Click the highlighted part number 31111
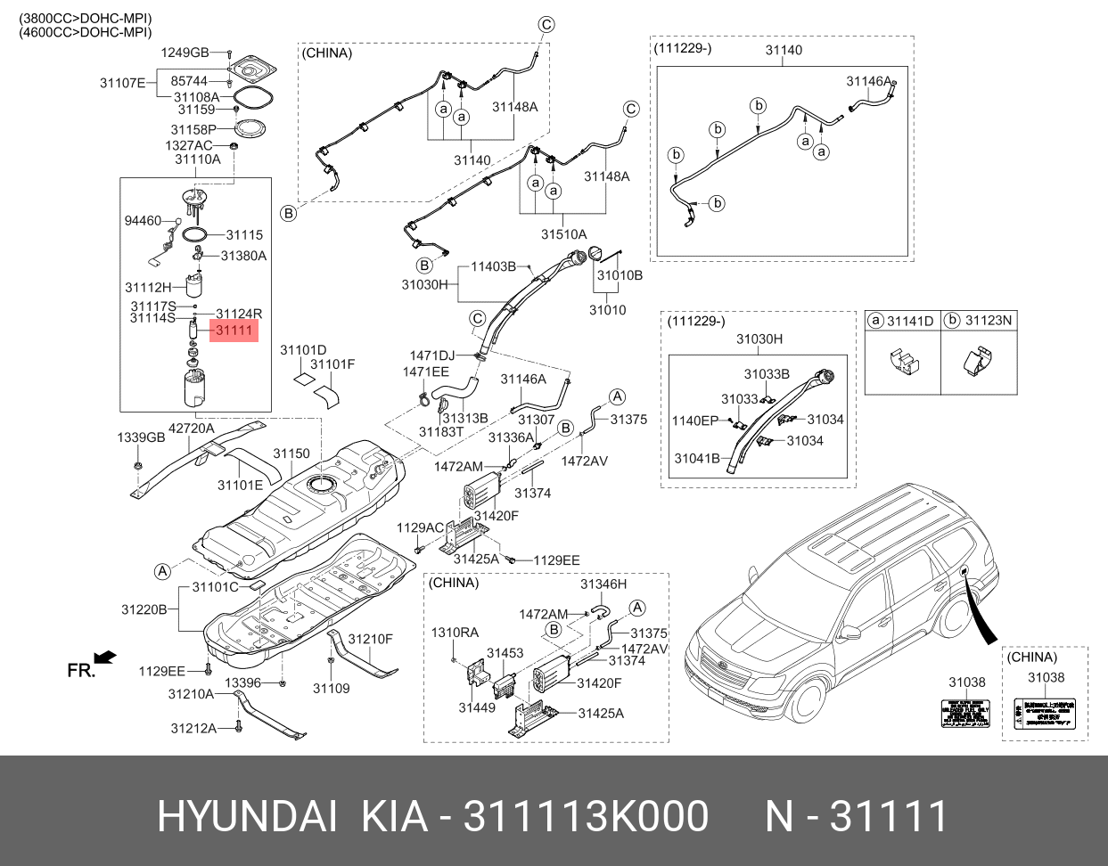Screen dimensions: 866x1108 click(234, 331)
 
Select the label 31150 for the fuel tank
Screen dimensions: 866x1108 click(291, 453)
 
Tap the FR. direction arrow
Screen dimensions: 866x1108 click(105, 658)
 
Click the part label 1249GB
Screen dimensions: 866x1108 click(185, 53)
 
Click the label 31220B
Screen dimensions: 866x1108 click(144, 609)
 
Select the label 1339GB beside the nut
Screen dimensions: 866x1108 click(142, 437)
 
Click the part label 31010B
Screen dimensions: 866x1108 click(620, 275)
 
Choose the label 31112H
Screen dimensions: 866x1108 click(147, 287)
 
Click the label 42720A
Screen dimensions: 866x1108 click(192, 428)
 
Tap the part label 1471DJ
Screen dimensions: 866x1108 click(431, 355)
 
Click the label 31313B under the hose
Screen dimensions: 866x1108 click(465, 418)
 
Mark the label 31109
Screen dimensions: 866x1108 click(331, 688)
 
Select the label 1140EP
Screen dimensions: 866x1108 click(695, 420)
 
